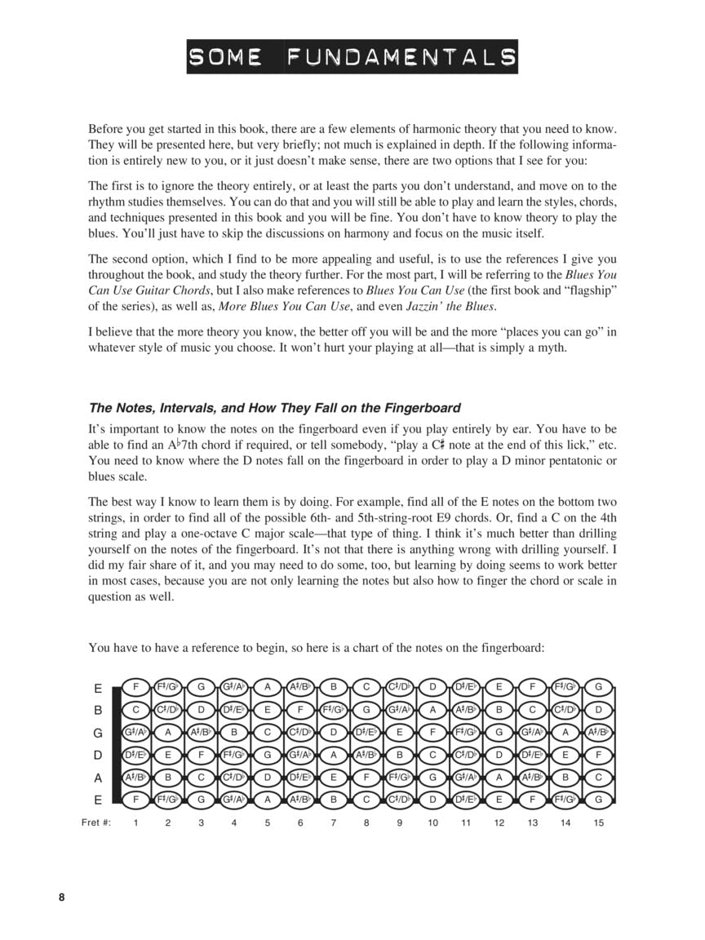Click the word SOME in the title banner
pyautogui.click(x=225, y=57)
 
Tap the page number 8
pyautogui.click(x=61, y=898)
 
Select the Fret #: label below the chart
pyautogui.click(x=96, y=822)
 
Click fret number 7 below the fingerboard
pyautogui.click(x=333, y=822)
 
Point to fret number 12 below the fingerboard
pyautogui.click(x=499, y=822)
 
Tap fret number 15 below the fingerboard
pyautogui.click(x=598, y=822)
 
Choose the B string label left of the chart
pyautogui.click(x=98, y=710)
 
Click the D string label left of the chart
pyautogui.click(x=98, y=756)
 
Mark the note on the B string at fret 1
pyautogui.click(x=135, y=710)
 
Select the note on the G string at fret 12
pyautogui.click(x=499, y=733)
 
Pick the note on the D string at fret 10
pyautogui.click(x=432, y=756)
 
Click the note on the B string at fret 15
pyautogui.click(x=598, y=710)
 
